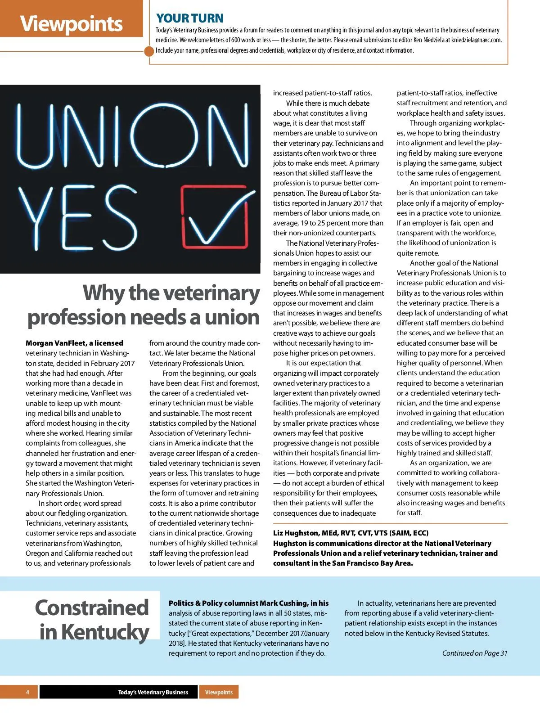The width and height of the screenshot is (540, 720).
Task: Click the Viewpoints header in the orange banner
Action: [x=71, y=23]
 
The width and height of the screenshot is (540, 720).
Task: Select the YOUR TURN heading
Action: [x=189, y=18]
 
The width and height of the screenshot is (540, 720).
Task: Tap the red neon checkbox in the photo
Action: [x=215, y=217]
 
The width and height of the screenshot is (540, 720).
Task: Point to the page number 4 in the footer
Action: [x=27, y=692]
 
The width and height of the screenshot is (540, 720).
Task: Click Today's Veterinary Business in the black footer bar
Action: [x=153, y=692]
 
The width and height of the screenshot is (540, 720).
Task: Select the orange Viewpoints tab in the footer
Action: [x=219, y=692]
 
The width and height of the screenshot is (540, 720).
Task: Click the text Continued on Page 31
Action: [x=474, y=653]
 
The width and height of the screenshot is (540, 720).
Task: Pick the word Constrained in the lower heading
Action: [x=92, y=607]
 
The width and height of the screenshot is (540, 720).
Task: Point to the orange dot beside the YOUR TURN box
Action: [x=149, y=51]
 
